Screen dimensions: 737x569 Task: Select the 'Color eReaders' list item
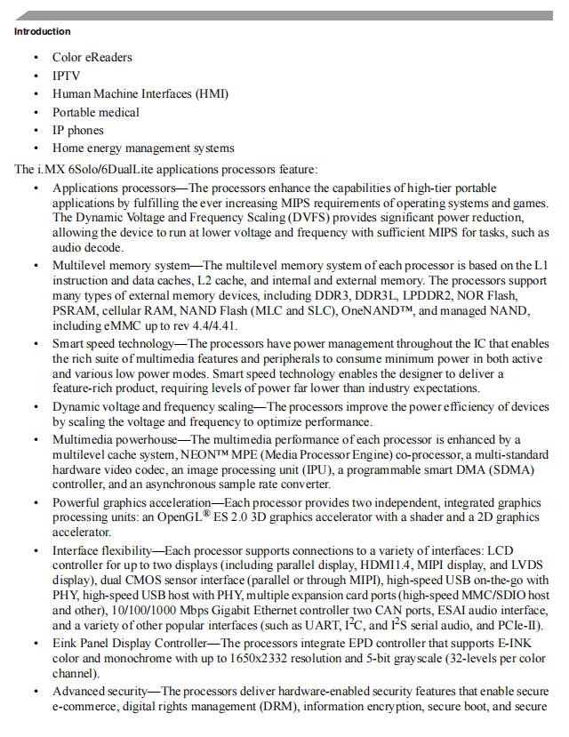click(92, 58)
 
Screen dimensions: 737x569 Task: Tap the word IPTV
click(66, 76)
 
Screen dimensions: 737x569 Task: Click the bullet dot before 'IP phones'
click(36, 131)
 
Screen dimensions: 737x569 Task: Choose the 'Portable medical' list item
click(95, 112)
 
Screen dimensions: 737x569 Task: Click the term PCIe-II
click(511, 628)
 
